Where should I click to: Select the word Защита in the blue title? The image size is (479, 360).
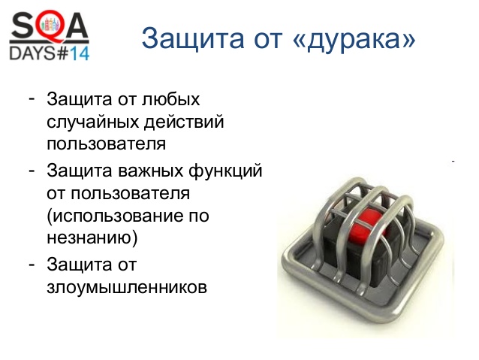click(x=193, y=39)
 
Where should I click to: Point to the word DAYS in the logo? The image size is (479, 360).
click(x=32, y=53)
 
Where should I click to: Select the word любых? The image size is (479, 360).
click(x=170, y=99)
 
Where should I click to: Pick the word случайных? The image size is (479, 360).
click(x=93, y=122)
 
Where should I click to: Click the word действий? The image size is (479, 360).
click(x=184, y=121)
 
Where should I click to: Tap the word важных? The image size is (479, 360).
click(x=150, y=171)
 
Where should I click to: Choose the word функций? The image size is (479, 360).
click(x=225, y=171)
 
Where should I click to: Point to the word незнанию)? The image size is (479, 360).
click(x=92, y=237)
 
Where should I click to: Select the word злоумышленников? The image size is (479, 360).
click(x=127, y=288)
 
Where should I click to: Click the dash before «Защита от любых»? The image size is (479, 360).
click(x=32, y=98)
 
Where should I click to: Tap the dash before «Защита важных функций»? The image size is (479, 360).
click(x=32, y=171)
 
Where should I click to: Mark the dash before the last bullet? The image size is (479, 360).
click(x=32, y=265)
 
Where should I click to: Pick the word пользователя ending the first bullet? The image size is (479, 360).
click(x=107, y=144)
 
